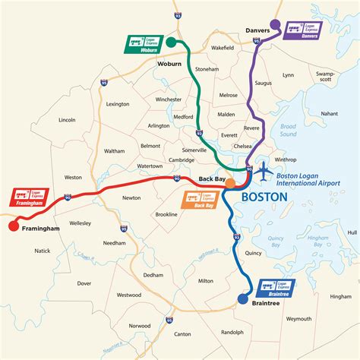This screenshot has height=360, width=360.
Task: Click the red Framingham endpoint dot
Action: (12, 225)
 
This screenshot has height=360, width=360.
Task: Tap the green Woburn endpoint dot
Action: (172, 42)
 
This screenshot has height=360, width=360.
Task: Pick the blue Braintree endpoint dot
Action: (243, 298)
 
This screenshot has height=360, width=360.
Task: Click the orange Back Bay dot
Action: (229, 183)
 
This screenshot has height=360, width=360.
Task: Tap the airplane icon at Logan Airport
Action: (264, 172)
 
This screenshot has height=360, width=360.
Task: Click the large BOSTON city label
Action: (264, 196)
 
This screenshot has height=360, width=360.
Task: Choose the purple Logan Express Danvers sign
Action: (304, 30)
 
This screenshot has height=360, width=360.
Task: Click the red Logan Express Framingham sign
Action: (29, 198)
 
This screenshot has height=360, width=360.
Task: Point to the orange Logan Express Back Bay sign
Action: (200, 200)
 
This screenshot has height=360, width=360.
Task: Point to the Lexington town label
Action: (118, 103)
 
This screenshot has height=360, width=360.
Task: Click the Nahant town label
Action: (329, 113)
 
